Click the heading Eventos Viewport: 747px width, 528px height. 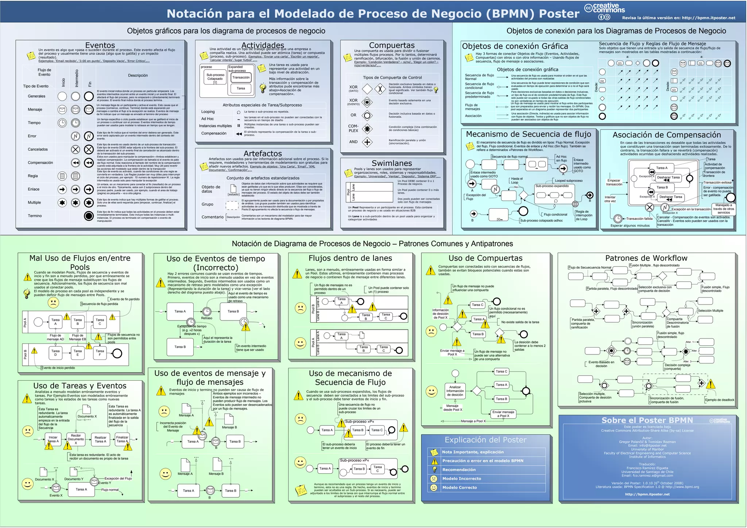[100, 46]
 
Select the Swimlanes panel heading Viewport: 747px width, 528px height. [392, 163]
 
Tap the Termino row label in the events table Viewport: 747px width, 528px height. [35, 216]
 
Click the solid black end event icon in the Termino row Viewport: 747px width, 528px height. [89, 216]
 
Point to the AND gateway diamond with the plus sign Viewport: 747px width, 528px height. [367, 142]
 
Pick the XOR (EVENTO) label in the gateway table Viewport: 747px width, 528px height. [353, 102]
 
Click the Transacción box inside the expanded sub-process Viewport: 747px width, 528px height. [241, 77]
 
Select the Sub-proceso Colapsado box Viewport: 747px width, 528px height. [215, 77]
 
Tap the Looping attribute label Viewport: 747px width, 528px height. [208, 112]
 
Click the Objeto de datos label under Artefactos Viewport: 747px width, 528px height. [211, 189]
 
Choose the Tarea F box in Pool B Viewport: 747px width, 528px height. [100, 352]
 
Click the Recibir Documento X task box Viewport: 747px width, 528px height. [76, 439]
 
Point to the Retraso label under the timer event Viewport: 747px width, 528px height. [206, 318]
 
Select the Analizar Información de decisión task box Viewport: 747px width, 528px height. [455, 391]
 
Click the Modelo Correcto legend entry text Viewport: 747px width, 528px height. [460, 488]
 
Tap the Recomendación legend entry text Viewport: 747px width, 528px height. [459, 470]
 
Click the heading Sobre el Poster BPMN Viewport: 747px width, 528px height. [647, 420]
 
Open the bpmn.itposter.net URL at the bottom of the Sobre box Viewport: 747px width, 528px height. [647, 494]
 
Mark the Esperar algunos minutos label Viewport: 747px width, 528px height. [630, 225]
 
